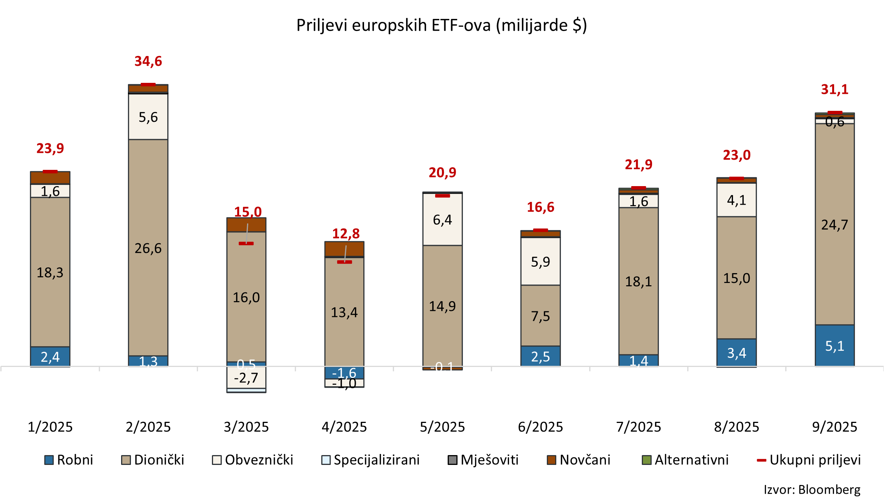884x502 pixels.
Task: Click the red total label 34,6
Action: point(148,61)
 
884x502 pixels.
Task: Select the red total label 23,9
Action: point(50,148)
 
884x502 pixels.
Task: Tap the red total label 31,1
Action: point(834,90)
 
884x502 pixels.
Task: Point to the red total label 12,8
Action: point(346,234)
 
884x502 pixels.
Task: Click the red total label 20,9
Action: point(442,173)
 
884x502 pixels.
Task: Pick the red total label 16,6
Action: point(540,207)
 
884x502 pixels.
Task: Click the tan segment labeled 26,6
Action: point(148,248)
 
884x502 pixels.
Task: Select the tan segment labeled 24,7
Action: point(834,225)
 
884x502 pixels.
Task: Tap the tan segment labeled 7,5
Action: point(540,316)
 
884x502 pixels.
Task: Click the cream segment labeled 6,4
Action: point(442,219)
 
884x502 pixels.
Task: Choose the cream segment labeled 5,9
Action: point(540,261)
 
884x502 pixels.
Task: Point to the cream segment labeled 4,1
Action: point(736,200)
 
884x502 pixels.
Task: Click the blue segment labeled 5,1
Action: point(834,346)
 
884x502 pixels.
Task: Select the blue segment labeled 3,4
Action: point(736,353)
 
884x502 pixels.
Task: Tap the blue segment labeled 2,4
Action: point(50,356)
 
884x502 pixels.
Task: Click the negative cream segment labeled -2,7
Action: point(246,378)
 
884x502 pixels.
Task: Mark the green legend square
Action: point(647,460)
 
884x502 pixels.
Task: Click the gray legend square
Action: point(452,460)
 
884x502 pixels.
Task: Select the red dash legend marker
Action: point(761,460)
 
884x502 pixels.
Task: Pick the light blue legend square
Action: point(326,460)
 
